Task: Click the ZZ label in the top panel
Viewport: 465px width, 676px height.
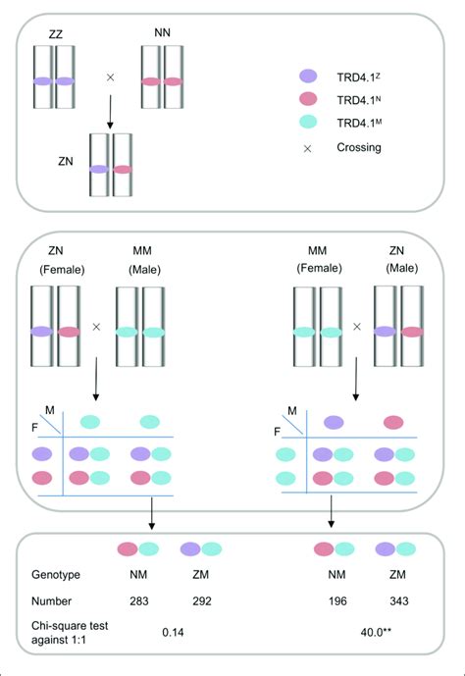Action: [x=55, y=33]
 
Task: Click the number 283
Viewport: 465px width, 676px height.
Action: [x=135, y=608]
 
